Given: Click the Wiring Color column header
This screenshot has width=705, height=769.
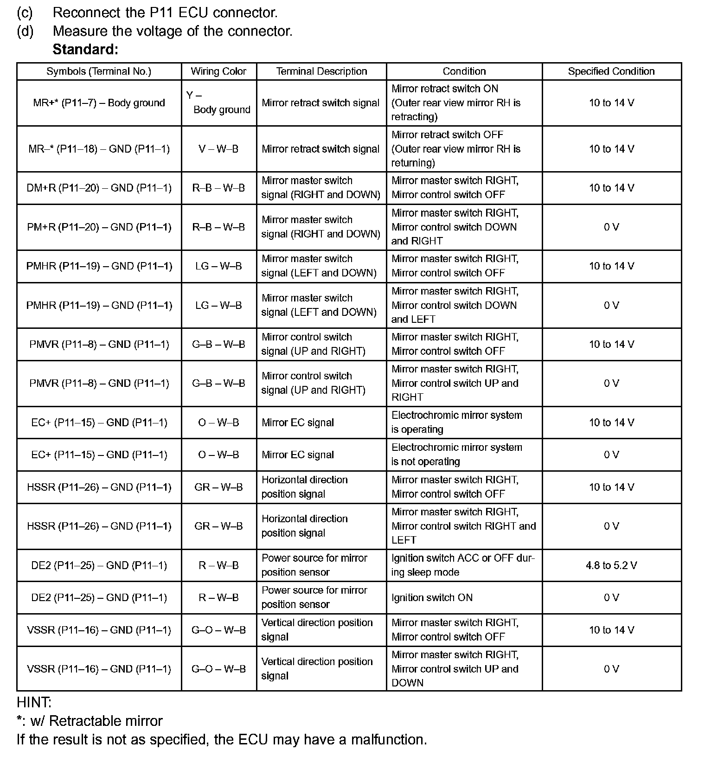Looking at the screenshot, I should pyautogui.click(x=218, y=71).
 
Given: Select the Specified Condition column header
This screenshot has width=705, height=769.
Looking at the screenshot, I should pyautogui.click(x=611, y=71).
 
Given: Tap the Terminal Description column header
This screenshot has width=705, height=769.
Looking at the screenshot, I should pyautogui.click(x=321, y=71).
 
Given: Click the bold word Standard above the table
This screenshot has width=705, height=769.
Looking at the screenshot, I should pyautogui.click(x=85, y=49).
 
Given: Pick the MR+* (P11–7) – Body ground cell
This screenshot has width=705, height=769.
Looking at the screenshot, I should pyautogui.click(x=99, y=103).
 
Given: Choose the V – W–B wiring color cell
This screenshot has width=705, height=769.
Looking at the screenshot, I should pyautogui.click(x=218, y=149).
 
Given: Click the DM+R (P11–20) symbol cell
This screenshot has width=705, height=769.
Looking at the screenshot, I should pyautogui.click(x=99, y=188).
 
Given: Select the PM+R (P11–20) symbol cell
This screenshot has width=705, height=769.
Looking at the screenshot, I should pyautogui.click(x=99, y=227).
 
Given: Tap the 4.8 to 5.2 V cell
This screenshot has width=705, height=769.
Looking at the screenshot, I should pyautogui.click(x=611, y=565).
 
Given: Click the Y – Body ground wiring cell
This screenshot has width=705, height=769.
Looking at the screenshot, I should pyautogui.click(x=218, y=103).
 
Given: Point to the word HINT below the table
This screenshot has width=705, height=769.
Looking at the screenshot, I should pyautogui.click(x=34, y=702).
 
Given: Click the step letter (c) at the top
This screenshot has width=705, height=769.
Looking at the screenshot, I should pyautogui.click(x=25, y=13).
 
